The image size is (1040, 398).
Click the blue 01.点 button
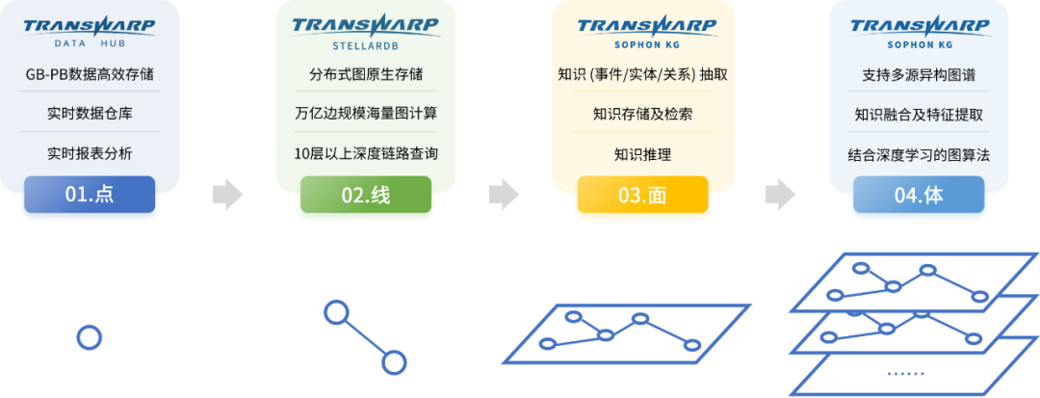click(90, 195)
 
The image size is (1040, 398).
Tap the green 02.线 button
click(366, 195)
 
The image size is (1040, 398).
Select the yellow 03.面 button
click(642, 195)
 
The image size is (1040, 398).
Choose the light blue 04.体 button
click(919, 195)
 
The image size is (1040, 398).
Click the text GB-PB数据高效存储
click(90, 74)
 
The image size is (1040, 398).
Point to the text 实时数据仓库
click(90, 114)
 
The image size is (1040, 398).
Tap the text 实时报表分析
click(90, 154)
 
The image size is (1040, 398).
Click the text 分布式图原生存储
click(366, 73)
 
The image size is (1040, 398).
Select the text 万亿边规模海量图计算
click(366, 114)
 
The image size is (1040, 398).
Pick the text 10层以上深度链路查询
click(366, 154)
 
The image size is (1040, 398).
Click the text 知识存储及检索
click(642, 114)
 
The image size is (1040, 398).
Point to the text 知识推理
click(642, 155)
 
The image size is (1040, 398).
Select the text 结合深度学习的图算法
click(919, 155)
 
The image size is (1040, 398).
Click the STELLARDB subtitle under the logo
click(366, 46)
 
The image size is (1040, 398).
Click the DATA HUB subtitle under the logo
click(90, 43)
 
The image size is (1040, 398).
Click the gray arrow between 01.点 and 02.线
click(227, 195)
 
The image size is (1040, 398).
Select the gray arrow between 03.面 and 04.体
click(780, 195)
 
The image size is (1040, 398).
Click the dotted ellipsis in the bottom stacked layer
click(904, 375)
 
